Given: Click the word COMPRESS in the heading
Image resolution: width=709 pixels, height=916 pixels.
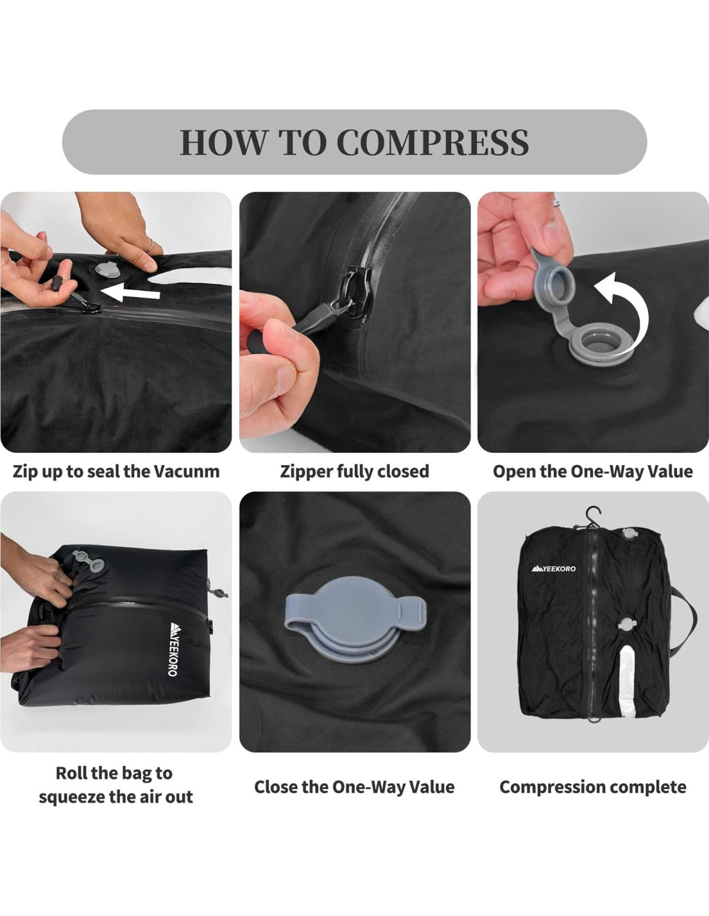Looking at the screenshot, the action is (x=433, y=142).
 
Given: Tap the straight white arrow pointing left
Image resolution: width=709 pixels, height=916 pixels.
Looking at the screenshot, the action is (x=130, y=292).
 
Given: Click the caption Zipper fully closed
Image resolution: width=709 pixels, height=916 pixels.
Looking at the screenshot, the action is (x=354, y=472).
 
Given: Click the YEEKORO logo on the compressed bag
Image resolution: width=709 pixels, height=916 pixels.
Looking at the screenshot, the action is (x=554, y=569).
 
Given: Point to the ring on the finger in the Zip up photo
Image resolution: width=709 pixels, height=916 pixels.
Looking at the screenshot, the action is (x=150, y=245).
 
